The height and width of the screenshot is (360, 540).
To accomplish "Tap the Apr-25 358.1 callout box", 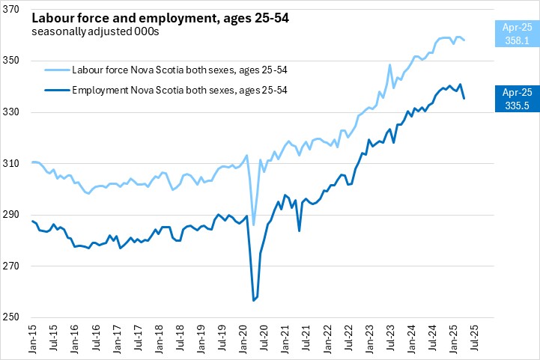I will coord(516,34).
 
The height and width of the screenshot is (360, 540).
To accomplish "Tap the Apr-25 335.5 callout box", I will coord(516,99).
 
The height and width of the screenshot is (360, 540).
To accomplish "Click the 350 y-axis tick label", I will coord(17,61).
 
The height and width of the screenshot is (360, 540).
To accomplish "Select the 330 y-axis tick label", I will coord(17,112).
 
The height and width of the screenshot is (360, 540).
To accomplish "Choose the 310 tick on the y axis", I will coord(17,163).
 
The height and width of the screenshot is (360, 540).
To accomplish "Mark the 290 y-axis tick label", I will coord(17,215).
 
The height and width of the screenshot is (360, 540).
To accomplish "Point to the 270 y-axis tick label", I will coord(17,266).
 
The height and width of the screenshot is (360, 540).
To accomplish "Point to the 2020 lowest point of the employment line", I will coord(253,300).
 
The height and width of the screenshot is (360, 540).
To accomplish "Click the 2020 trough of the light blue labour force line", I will coord(253,225).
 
